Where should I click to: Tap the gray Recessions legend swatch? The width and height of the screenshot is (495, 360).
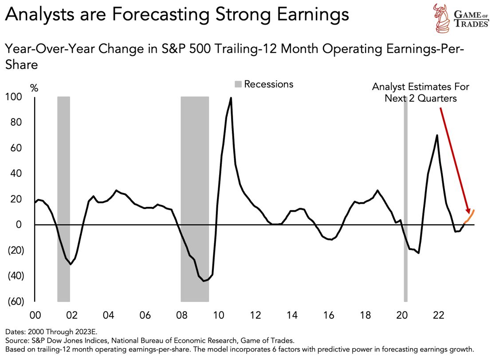(238, 84)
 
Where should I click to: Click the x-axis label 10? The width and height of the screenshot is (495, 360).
(218, 316)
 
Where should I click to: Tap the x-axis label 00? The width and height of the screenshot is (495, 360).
(35, 316)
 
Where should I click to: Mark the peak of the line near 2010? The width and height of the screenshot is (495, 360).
(231, 98)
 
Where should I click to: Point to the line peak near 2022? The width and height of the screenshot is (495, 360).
(437, 135)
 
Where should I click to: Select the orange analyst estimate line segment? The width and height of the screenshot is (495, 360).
(470, 217)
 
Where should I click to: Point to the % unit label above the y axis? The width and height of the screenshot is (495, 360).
(34, 88)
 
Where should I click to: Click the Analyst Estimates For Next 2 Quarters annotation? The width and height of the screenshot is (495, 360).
(420, 92)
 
